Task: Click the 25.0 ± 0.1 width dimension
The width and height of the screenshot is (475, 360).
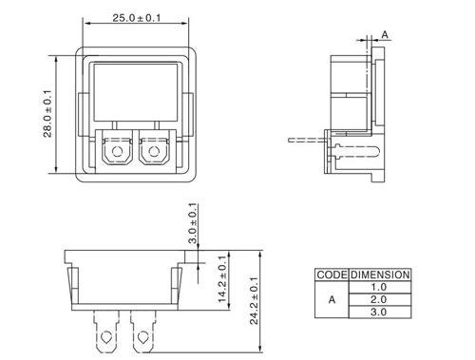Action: pos(137,18)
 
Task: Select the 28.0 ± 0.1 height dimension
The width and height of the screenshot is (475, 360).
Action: pos(47,114)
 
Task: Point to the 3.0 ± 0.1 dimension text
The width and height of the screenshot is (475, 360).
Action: pos(193,223)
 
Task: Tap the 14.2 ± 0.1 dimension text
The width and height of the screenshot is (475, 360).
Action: pos(222,279)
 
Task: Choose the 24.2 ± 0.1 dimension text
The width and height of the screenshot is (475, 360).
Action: pos(255,300)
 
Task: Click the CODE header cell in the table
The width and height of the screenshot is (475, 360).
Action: pos(332,275)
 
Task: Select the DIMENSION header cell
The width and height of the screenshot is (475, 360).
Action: pos(380,275)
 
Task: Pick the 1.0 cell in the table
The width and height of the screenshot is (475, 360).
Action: pos(380,287)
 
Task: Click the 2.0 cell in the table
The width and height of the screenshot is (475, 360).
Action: pos(380,299)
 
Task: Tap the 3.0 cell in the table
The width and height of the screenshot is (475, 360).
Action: pos(380,312)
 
